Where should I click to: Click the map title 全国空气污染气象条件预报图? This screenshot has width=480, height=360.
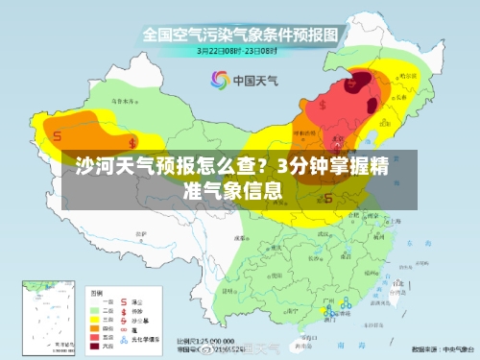(x=240, y=35)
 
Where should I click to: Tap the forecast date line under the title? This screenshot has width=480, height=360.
(x=240, y=50)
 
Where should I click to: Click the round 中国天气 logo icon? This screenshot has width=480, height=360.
(x=220, y=80)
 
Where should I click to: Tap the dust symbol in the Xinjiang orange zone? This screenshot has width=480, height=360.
(x=59, y=136)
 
